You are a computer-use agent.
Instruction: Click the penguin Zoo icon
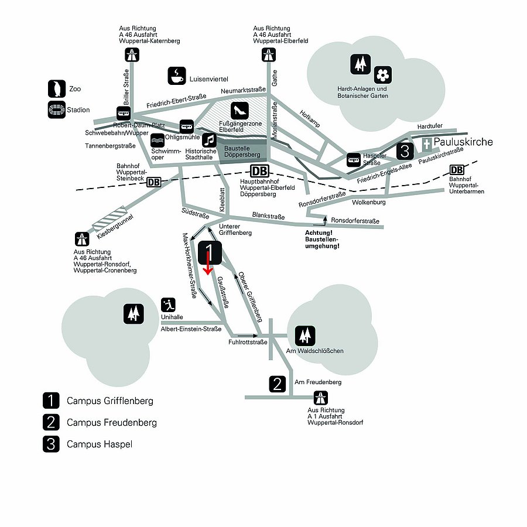[x=56, y=89]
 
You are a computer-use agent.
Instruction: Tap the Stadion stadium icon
[x=56, y=109]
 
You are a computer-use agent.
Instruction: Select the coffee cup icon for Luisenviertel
[x=176, y=75]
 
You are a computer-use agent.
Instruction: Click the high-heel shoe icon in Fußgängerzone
[x=240, y=109]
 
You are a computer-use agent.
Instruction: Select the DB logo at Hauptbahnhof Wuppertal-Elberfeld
[x=260, y=172]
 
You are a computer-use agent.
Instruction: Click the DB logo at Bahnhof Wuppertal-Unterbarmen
[x=457, y=170]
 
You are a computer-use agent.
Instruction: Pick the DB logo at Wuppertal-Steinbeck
[x=153, y=182]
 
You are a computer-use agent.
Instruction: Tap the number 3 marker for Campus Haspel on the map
[x=405, y=151]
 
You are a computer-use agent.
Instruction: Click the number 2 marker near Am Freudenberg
[x=278, y=384]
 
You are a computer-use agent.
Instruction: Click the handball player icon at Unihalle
[x=168, y=305]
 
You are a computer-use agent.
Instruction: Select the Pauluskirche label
[x=464, y=142]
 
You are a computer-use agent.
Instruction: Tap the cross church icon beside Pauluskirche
[x=427, y=145]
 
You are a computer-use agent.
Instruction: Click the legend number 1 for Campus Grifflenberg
[x=51, y=401]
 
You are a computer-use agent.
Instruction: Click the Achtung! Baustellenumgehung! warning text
[x=322, y=239]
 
